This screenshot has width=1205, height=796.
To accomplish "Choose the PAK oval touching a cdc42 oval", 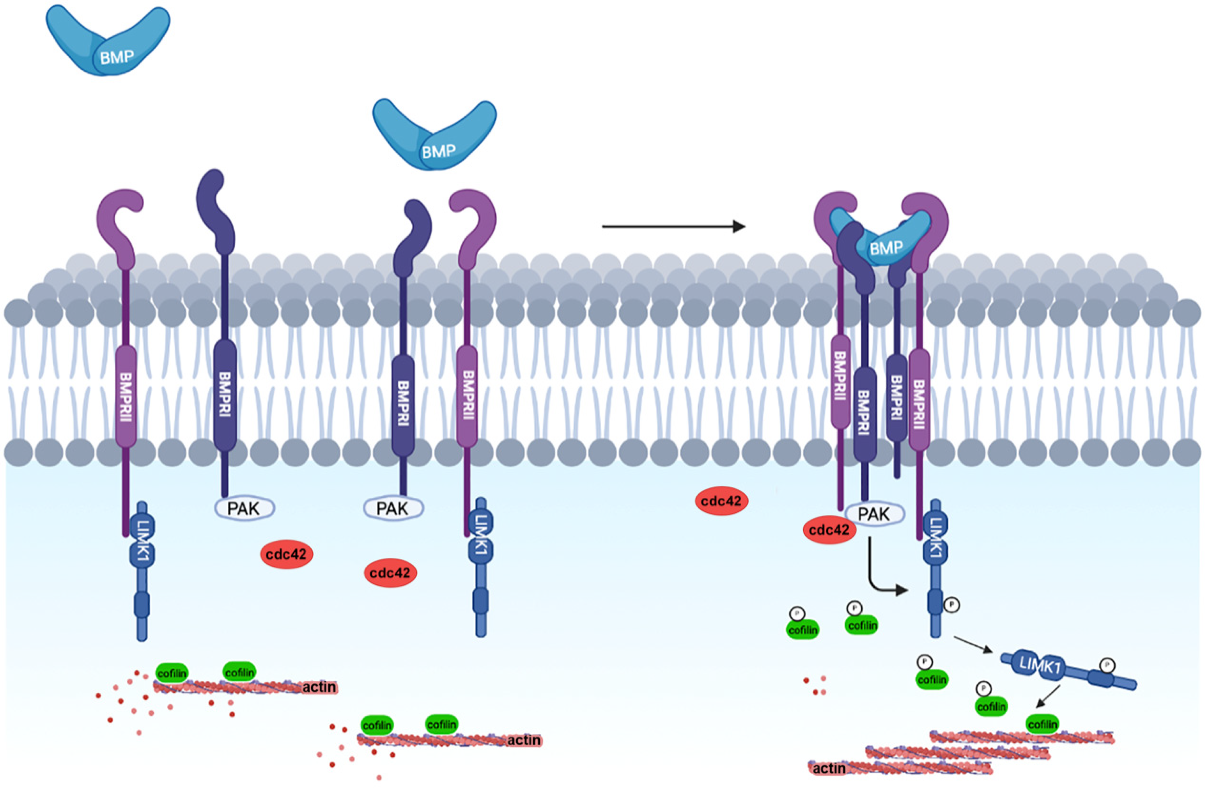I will [x=874, y=514].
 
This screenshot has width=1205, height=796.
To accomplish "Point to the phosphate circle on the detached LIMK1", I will [x=1107, y=665].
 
